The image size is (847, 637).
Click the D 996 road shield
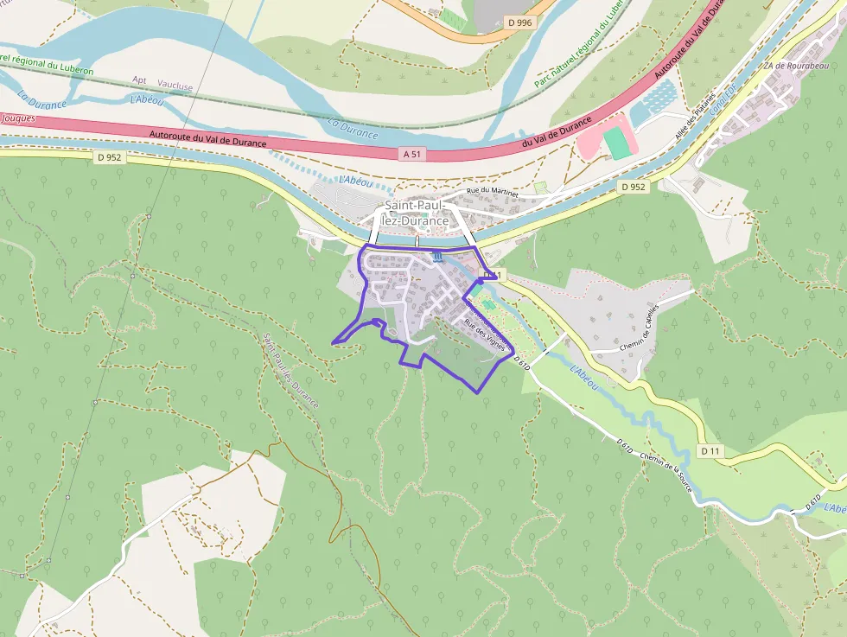point(520,22)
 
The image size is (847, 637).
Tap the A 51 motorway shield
point(413,154)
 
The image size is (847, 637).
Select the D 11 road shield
point(710,451)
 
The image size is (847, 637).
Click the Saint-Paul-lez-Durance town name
point(417,213)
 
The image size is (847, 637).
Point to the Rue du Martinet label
point(492,192)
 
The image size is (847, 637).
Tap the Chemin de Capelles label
point(640,328)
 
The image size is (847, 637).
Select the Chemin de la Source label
point(667,472)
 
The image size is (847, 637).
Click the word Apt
point(139,80)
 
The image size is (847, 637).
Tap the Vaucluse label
point(175,86)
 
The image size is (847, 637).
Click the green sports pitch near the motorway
point(617,141)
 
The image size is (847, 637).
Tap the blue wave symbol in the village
point(437,257)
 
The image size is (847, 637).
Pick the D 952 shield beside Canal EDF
point(633,187)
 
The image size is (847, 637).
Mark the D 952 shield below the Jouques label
point(109,157)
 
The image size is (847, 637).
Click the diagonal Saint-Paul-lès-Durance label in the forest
point(290,371)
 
